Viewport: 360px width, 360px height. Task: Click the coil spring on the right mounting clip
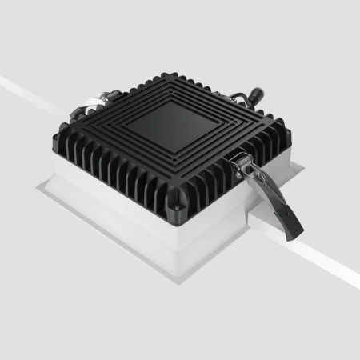coord(244,163)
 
